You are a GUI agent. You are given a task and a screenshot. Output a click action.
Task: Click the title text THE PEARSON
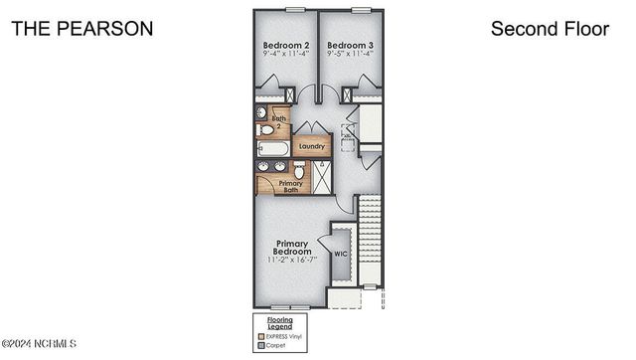pyautogui.click(x=82, y=29)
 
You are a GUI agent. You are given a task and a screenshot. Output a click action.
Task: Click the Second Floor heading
pyautogui.click(x=550, y=29)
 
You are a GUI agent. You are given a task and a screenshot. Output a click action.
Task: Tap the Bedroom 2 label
pyautogui.click(x=285, y=46)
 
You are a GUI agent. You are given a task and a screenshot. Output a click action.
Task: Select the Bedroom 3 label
pyautogui.click(x=350, y=46)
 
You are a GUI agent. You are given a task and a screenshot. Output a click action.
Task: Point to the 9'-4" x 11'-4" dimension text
pyautogui.click(x=285, y=57)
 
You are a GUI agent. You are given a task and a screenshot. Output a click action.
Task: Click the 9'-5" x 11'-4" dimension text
pyautogui.click(x=350, y=57)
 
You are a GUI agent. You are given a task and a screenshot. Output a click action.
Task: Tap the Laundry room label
pyautogui.click(x=311, y=146)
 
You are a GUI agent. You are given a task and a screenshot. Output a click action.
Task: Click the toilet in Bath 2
pyautogui.click(x=265, y=130)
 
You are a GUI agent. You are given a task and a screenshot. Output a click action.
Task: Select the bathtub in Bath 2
pyautogui.click(x=271, y=149)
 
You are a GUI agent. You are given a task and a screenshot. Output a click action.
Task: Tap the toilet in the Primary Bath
pyautogui.click(x=299, y=170)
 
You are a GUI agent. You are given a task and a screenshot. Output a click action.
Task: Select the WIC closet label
pyautogui.click(x=341, y=254)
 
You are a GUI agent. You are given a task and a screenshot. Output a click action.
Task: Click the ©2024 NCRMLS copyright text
pyautogui.click(x=40, y=344)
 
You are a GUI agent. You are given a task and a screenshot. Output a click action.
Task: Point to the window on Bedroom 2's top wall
pyautogui.click(x=294, y=9)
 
